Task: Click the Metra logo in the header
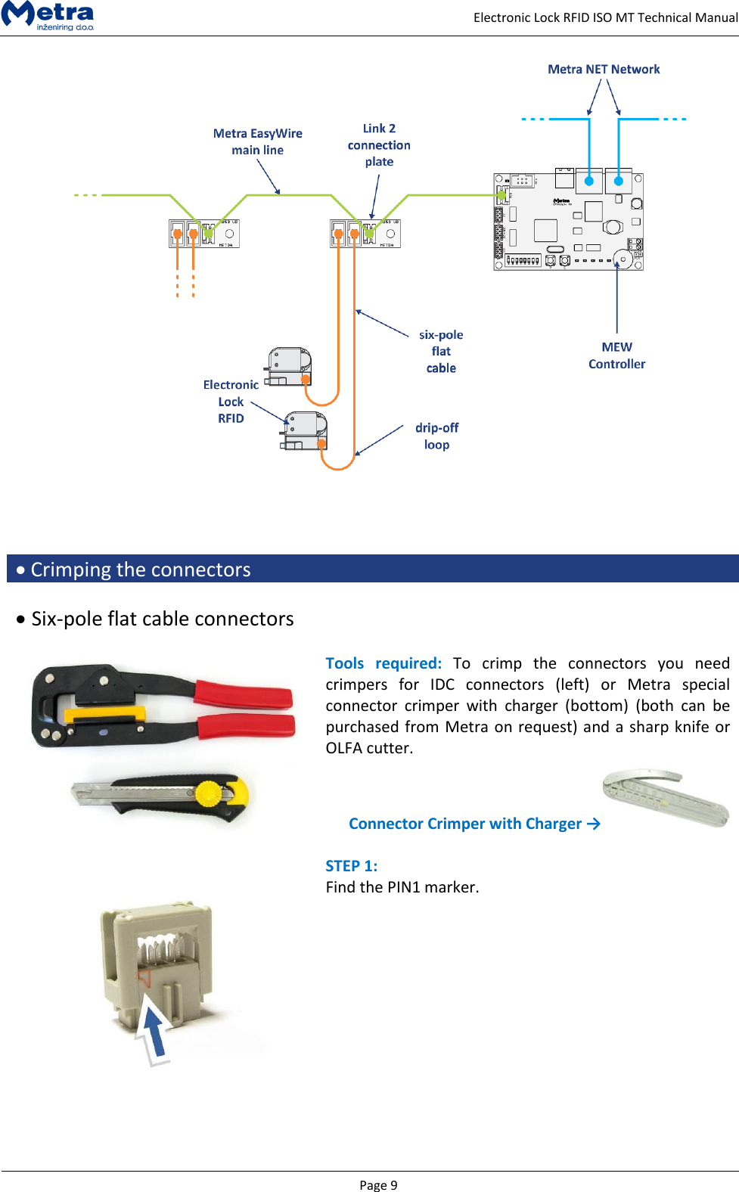[x=48, y=15]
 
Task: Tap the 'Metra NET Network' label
[x=604, y=70]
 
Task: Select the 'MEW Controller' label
[x=616, y=355]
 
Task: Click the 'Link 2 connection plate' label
[x=379, y=145]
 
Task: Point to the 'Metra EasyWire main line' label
[x=257, y=141]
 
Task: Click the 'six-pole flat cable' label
[x=441, y=351]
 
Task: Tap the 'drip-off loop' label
[x=436, y=436]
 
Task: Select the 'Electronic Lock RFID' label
[x=231, y=402]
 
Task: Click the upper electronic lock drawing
[x=289, y=367]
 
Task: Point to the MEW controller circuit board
[x=568, y=222]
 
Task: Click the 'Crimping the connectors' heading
[x=141, y=570]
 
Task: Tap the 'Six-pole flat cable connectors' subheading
[x=162, y=619]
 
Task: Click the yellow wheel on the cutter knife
[x=210, y=793]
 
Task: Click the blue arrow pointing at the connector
[x=154, y=1031]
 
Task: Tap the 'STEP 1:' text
[x=351, y=866]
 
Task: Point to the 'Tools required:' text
[x=383, y=663]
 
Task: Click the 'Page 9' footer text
[x=378, y=1185]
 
